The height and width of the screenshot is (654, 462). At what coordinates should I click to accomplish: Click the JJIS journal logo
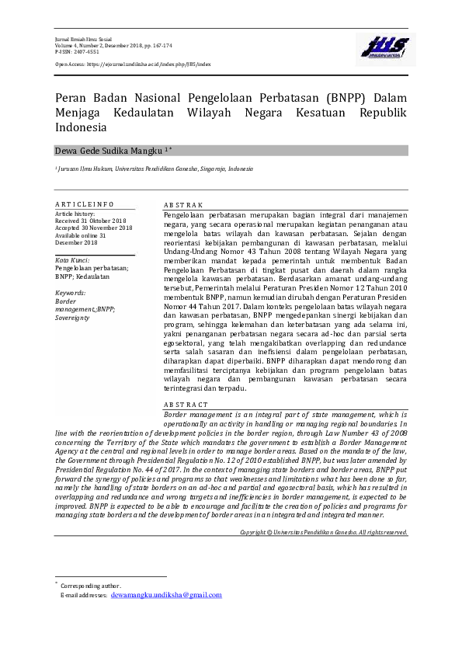click(x=380, y=49)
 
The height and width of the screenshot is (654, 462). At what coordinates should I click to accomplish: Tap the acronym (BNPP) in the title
click(x=329, y=99)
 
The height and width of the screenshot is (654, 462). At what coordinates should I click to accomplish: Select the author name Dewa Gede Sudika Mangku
click(x=109, y=150)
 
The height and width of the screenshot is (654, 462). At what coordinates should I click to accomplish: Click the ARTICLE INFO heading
click(x=85, y=204)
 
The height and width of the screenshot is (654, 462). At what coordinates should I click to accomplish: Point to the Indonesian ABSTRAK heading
click(x=183, y=204)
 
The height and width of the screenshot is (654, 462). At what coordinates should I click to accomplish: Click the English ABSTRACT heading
click(x=186, y=405)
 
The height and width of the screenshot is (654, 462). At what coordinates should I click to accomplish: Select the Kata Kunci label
click(x=72, y=259)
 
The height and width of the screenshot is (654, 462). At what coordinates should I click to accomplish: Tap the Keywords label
click(x=70, y=293)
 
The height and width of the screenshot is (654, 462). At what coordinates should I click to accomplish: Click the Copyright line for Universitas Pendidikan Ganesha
click(x=324, y=532)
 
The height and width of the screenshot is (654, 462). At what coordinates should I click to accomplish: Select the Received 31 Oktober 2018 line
click(x=90, y=221)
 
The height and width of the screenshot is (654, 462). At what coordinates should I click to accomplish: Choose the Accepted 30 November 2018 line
click(x=93, y=228)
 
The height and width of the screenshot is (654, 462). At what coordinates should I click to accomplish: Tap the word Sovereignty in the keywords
click(x=73, y=318)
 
